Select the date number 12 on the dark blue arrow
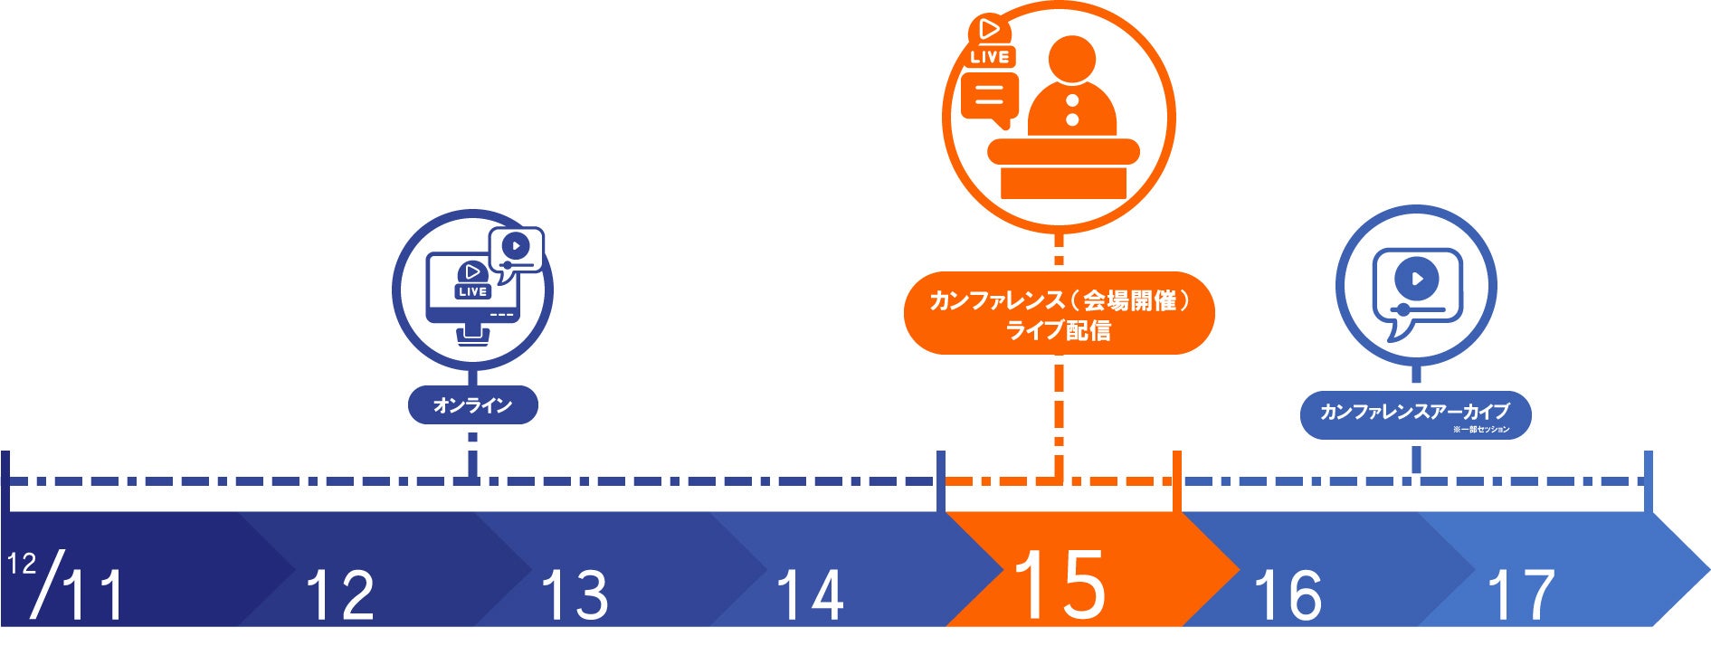340,594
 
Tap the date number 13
575,594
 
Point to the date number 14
810,594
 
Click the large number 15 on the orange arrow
1060,585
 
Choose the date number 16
1288,594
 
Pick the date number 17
1521,594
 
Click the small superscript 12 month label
22,564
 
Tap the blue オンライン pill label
472,405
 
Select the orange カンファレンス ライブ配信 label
1059,313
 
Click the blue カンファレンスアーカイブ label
1414,413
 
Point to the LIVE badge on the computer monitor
472,291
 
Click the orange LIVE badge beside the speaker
990,56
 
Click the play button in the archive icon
1417,279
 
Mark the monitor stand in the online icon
472,336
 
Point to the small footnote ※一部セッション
1481,430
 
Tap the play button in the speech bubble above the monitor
516,245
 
